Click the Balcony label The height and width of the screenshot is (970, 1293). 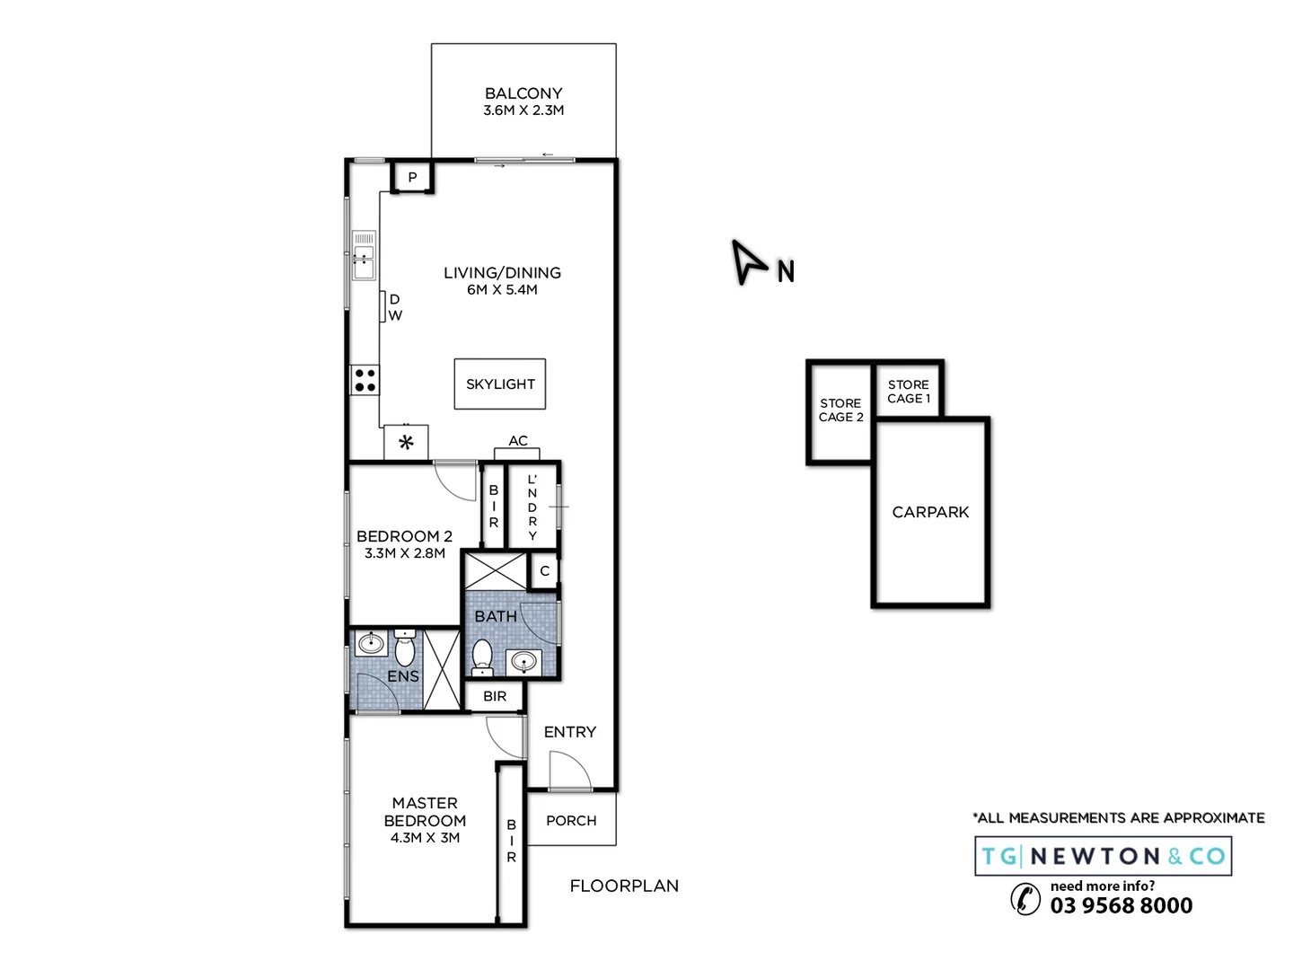(x=523, y=93)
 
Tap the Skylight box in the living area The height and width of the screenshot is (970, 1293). (x=500, y=384)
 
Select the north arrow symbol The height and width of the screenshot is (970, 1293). (x=747, y=261)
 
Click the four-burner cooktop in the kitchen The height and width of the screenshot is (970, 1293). (x=365, y=380)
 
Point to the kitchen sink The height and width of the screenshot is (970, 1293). (x=364, y=256)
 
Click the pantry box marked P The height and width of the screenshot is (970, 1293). (x=412, y=177)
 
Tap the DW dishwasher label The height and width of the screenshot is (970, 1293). (x=394, y=307)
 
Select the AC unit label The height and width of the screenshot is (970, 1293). (x=518, y=441)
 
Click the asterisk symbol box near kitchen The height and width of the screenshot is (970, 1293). (x=406, y=443)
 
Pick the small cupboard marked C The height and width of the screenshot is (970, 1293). (x=544, y=571)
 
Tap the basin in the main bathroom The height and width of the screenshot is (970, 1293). (x=523, y=662)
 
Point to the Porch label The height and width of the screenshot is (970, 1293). (x=571, y=821)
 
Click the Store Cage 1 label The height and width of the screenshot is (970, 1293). (x=909, y=392)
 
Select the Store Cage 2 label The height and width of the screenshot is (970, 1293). (x=840, y=410)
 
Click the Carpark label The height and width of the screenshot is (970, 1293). (x=930, y=512)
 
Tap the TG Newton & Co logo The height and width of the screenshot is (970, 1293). (x=1103, y=856)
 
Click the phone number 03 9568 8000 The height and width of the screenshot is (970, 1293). (x=1121, y=905)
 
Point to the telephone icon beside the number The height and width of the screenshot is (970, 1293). (x=1025, y=898)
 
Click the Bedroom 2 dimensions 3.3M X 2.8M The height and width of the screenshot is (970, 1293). (x=405, y=553)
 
